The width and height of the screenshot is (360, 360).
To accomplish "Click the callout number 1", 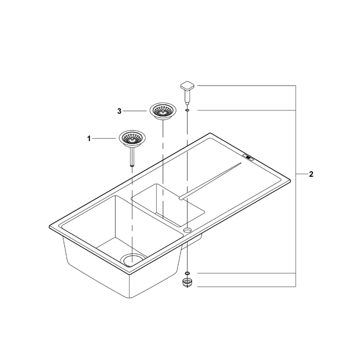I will point(89,139).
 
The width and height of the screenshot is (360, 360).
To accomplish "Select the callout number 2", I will point(311,174).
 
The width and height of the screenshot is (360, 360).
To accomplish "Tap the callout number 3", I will point(119,111).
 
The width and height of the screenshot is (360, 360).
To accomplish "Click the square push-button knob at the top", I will point(187,88).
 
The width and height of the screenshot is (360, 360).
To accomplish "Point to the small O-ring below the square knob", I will point(187,110).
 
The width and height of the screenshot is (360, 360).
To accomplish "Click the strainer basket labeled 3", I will point(162,111).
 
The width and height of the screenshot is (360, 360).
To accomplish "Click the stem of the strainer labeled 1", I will point(131,156).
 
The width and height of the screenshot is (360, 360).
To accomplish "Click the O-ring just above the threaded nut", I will point(187,273).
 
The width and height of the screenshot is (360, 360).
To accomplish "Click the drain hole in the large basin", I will point(132,259).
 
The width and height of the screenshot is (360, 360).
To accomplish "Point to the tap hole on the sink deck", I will point(187,229).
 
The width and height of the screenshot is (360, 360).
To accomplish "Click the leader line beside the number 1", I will point(105,139).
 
